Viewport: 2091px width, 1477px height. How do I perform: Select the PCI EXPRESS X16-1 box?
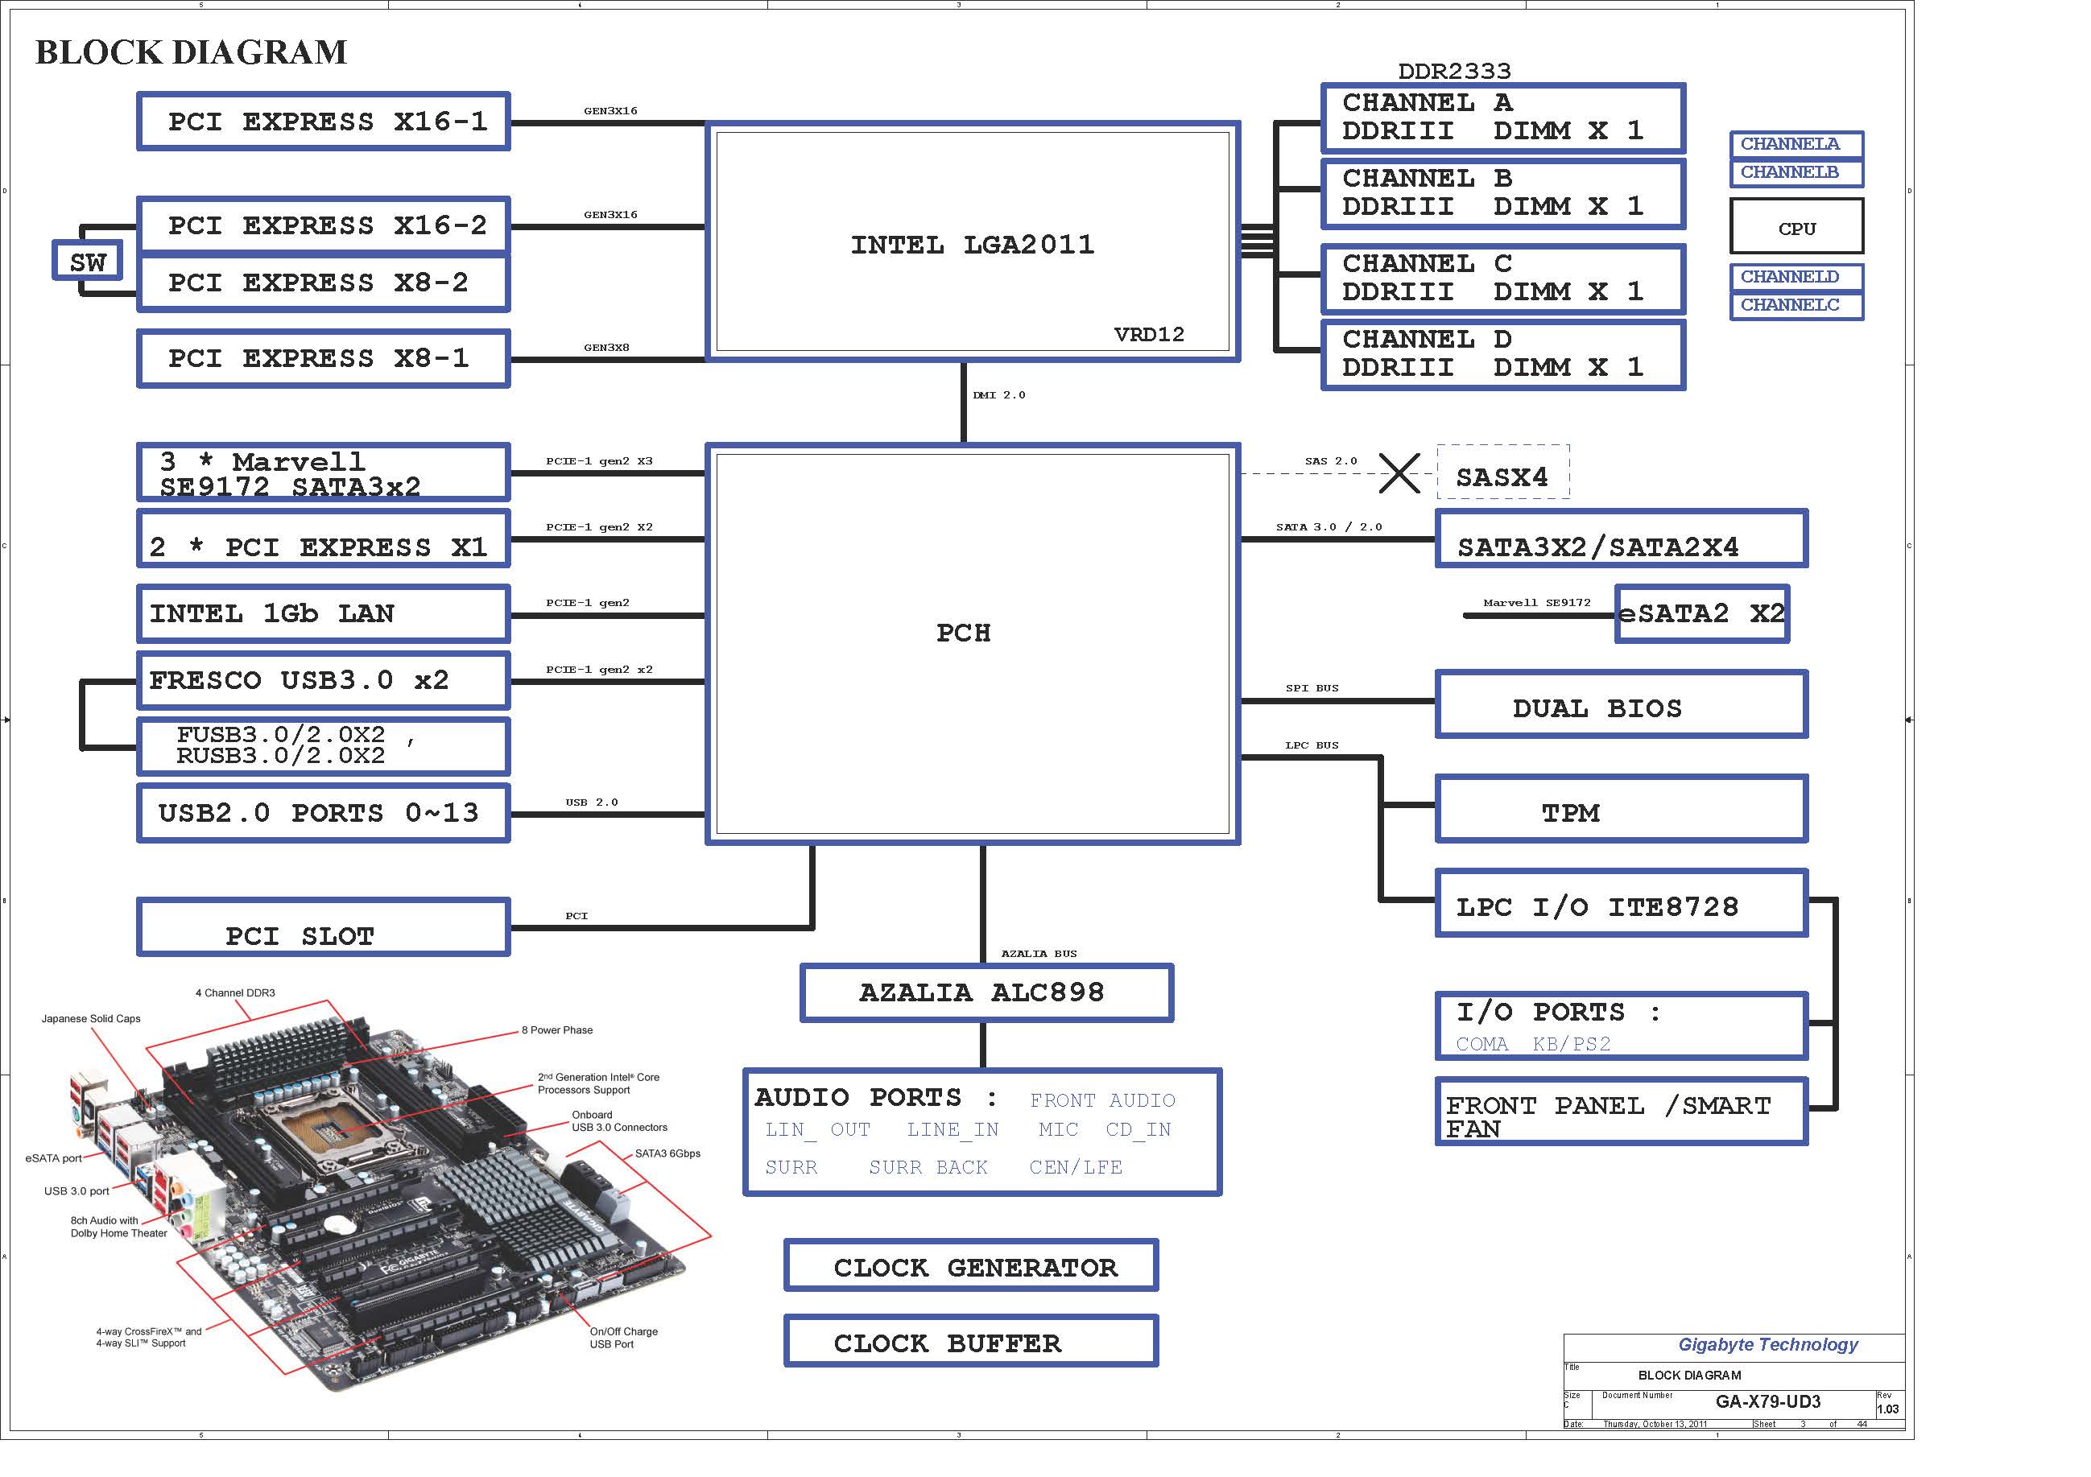click(x=324, y=121)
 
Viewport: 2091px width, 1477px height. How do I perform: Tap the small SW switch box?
click(x=88, y=262)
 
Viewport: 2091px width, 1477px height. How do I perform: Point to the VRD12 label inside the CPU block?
click(x=1148, y=335)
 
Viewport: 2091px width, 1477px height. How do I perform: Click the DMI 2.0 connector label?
click(x=999, y=395)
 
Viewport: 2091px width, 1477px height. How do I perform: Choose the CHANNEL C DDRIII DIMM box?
click(x=1502, y=278)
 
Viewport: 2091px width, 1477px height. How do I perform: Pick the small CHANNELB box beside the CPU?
click(x=1796, y=172)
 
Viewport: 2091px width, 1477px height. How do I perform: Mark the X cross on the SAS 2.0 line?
click(x=1399, y=472)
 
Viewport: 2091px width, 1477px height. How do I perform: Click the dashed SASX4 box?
click(x=1502, y=472)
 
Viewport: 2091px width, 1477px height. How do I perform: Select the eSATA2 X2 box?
click(x=1701, y=614)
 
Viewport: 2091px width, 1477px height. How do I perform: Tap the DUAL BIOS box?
click(x=1621, y=705)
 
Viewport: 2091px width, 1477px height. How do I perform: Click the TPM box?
click(x=1621, y=810)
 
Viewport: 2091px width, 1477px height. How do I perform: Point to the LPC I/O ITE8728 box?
click(x=1621, y=904)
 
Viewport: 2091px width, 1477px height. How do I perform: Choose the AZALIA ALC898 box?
click(x=986, y=992)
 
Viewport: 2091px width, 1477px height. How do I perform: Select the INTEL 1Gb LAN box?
click(x=324, y=614)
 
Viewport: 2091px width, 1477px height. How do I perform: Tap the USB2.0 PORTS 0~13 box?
click(x=324, y=812)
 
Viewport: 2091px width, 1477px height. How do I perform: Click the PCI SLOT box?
click(x=324, y=928)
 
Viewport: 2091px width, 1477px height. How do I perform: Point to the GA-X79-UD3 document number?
click(x=1767, y=1402)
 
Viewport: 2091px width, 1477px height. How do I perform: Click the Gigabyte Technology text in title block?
click(x=1767, y=1345)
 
